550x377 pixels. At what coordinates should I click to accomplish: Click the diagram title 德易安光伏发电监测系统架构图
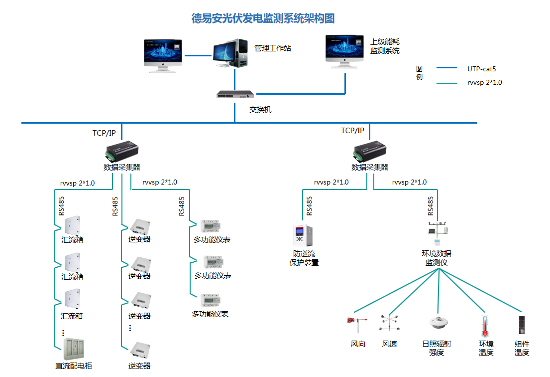pos(263,19)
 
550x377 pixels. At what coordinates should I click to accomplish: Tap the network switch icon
pos(235,94)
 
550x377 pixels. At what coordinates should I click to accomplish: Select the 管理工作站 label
pos(272,48)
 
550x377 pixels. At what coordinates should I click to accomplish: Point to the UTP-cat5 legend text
pos(481,69)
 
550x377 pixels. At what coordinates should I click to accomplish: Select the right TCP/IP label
pos(352,131)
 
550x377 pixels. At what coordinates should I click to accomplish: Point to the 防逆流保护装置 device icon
pos(303,237)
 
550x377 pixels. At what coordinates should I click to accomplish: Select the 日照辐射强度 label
pos(436,348)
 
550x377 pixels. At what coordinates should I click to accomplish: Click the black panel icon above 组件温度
pos(521,325)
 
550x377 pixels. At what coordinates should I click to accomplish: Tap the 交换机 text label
pos(260,110)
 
